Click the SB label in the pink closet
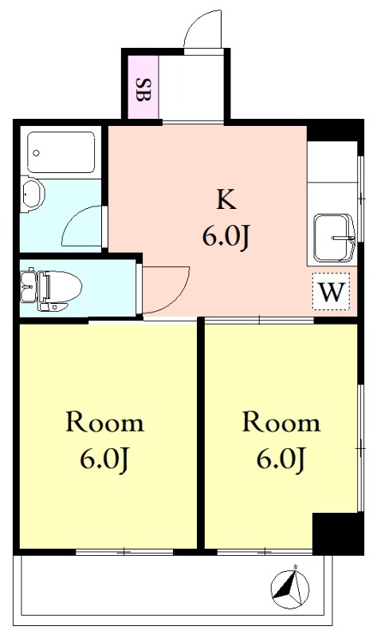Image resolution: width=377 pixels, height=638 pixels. coord(143,89)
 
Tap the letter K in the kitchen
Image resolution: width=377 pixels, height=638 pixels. coord(226,199)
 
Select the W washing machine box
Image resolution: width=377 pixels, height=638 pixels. coord(331,291)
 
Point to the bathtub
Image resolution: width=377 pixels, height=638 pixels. coord(61,152)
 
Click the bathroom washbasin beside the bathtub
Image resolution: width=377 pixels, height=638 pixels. coord(32,194)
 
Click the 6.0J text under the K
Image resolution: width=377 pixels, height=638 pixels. coord(226,238)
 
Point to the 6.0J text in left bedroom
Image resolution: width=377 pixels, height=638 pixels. coord(104,460)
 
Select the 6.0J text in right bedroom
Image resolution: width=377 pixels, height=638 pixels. coord(281,460)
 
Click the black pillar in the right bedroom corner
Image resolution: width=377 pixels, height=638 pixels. coord(338,534)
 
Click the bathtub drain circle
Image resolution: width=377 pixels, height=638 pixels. coord(37,153)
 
